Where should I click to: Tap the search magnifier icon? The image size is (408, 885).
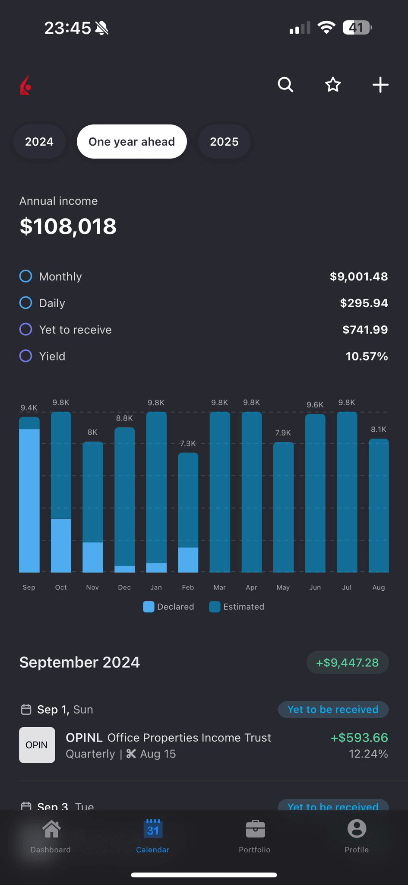[x=285, y=85]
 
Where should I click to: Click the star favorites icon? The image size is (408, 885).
[x=333, y=85]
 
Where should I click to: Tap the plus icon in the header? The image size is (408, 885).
[x=380, y=85]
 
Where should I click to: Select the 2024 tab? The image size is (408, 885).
[x=39, y=142]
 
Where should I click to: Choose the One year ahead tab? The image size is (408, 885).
[x=132, y=142]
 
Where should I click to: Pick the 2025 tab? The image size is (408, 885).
[x=224, y=142]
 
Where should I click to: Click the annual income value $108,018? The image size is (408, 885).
[x=68, y=226]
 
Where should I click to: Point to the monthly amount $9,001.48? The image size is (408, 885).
[x=359, y=277]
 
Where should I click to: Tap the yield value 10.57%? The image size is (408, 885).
[x=367, y=357]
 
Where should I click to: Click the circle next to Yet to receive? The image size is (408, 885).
[x=26, y=330]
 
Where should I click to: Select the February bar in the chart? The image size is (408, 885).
[x=188, y=512]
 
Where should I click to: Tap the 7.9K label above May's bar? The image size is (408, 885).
[x=283, y=433]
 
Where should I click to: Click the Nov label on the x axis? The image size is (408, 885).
[x=92, y=588]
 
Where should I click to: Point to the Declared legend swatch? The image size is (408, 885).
[x=149, y=607]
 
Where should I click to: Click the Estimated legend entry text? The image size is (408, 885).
[x=244, y=607]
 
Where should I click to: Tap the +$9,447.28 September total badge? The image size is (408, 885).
[x=348, y=662]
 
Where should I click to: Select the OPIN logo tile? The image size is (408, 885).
[x=37, y=745]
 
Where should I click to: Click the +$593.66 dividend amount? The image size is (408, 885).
[x=359, y=738]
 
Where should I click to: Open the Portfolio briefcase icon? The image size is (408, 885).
[x=255, y=829]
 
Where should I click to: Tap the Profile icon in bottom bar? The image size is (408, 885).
[x=357, y=829]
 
